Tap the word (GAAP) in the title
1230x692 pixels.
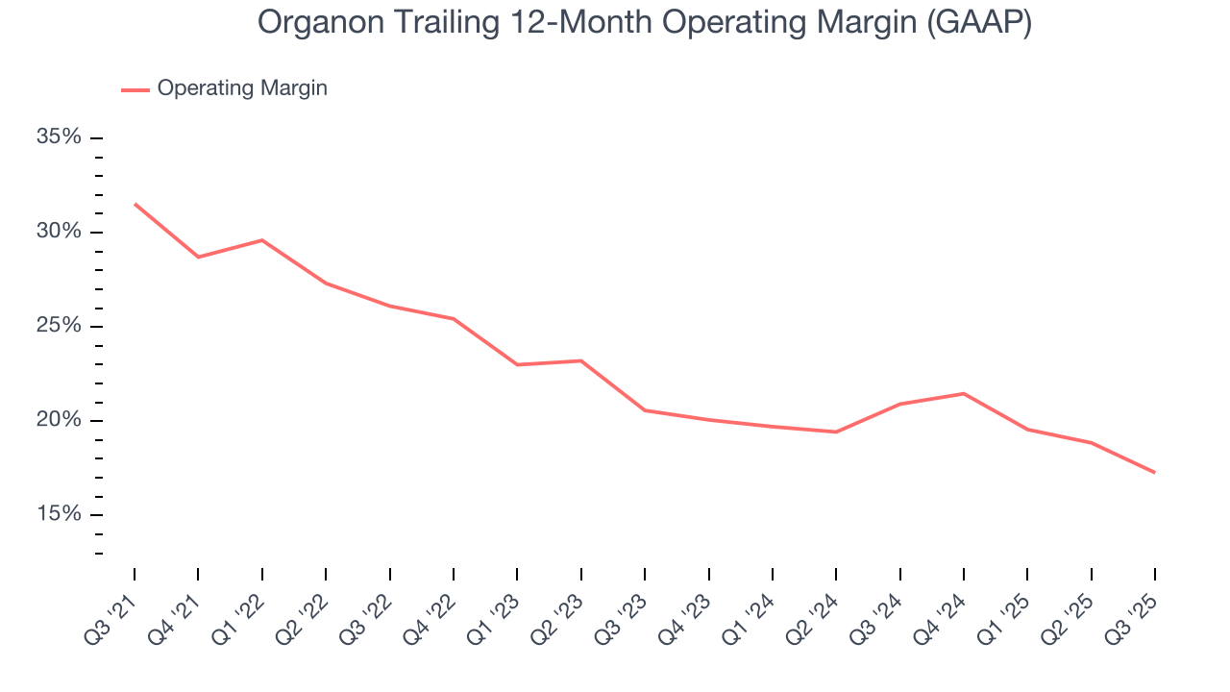979,23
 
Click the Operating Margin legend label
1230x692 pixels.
242,88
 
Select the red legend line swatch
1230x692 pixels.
135,89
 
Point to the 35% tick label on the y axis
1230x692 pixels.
59,137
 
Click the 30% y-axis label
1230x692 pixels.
59,232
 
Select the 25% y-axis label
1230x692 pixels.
59,326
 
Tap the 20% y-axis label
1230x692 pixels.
59,420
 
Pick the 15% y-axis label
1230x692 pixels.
59,514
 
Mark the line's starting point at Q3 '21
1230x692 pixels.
135,204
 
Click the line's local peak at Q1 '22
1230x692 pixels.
262,240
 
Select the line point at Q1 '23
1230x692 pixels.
517,364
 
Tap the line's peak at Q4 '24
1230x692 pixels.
964,393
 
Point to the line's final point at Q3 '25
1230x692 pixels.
1154,472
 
